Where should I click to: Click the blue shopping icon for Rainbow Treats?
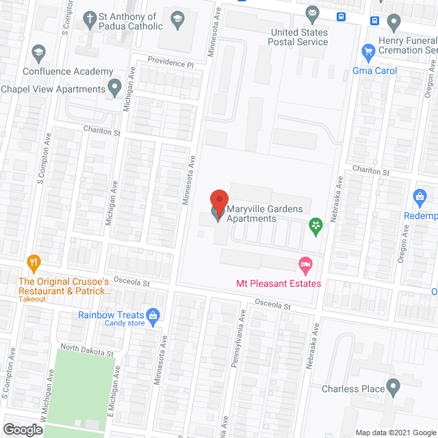153,315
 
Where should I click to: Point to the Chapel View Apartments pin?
115,88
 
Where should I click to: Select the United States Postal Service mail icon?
312,13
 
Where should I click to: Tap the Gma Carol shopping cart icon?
368,51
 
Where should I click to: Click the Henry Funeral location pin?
393,23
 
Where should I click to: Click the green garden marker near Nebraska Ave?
315,225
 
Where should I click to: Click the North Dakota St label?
86,351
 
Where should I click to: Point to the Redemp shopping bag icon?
420,197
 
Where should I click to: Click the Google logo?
22,429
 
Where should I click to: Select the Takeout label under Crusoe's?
32,299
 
